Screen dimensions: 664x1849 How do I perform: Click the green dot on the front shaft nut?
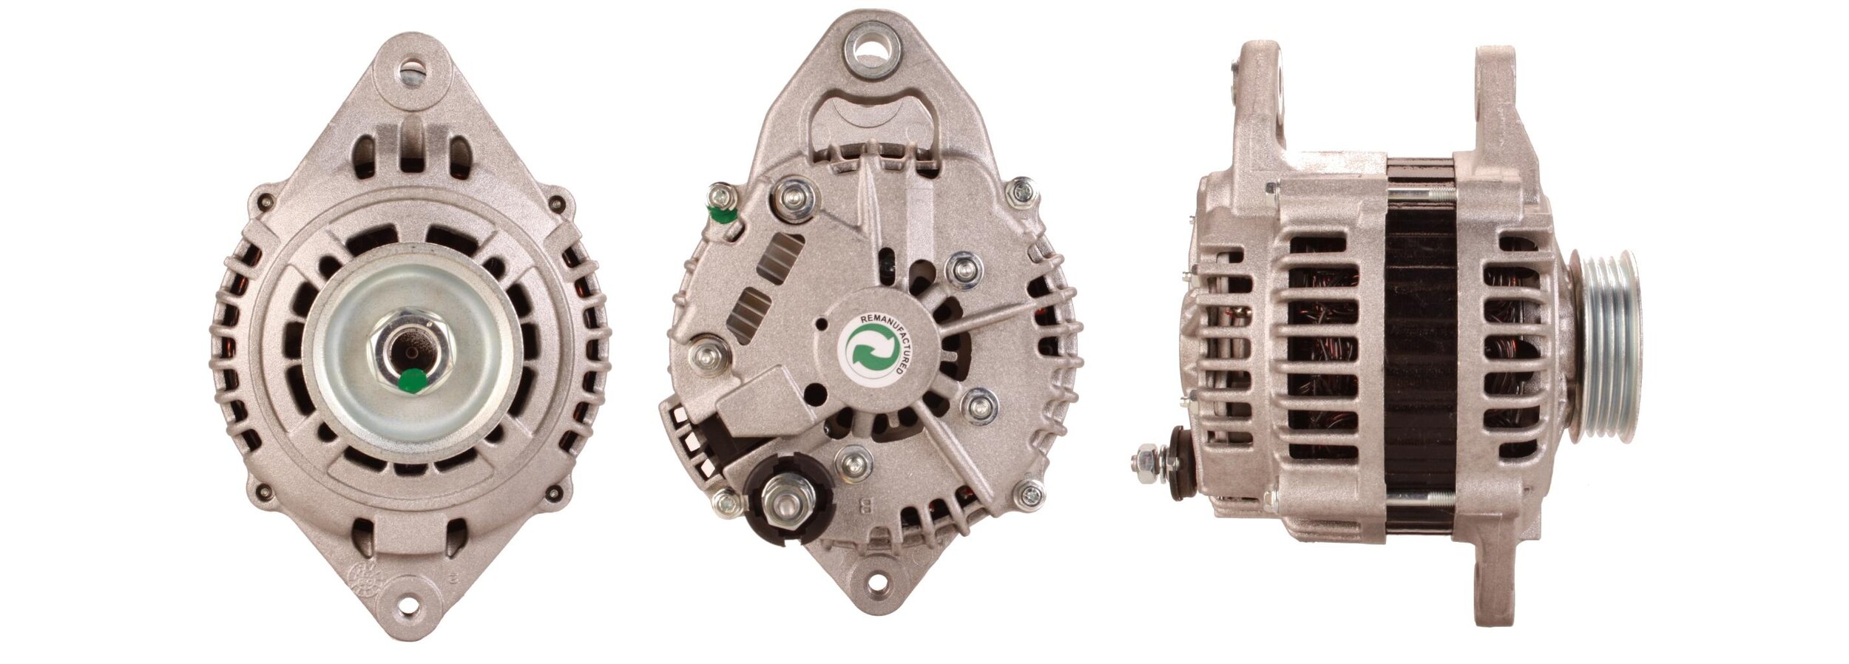click(413, 380)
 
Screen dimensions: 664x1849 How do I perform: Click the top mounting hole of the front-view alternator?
click(412, 72)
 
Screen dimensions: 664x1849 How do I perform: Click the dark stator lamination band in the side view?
click(1420, 348)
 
